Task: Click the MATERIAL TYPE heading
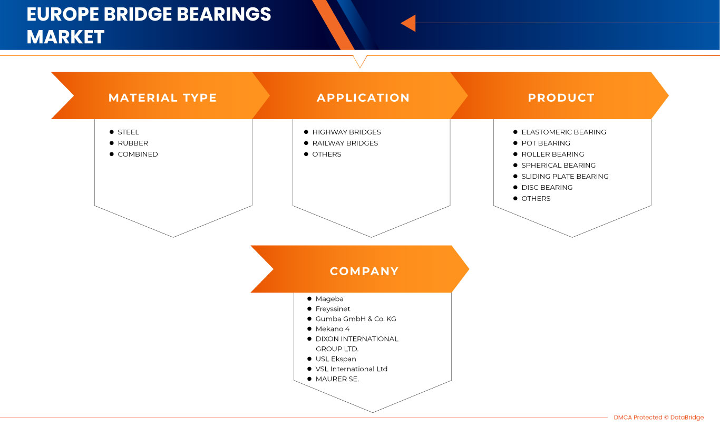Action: [162, 98]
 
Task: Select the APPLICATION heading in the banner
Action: [363, 98]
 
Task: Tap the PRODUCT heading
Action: [561, 98]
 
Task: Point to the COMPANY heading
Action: [364, 272]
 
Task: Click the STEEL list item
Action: [128, 132]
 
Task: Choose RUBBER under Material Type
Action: [132, 143]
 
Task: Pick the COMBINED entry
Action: [138, 154]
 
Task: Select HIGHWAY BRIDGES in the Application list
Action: [346, 132]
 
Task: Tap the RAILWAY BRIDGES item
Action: [345, 143]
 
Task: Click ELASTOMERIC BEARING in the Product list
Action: [563, 132]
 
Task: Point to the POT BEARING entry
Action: [546, 143]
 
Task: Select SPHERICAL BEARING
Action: [558, 166]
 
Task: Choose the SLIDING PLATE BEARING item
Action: [565, 177]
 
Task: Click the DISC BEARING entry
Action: [547, 188]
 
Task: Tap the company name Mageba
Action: [329, 299]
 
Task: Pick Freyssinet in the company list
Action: [333, 309]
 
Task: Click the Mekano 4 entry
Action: [333, 329]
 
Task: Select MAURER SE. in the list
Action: [337, 379]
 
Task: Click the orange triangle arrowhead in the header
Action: [408, 23]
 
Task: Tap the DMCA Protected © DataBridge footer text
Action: [658, 418]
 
